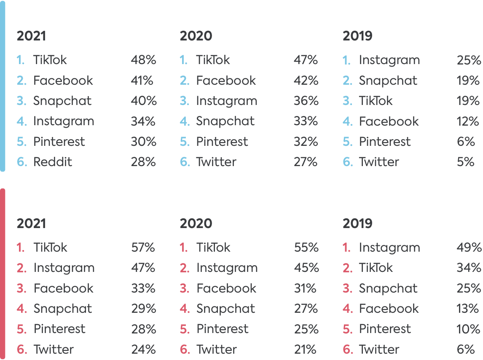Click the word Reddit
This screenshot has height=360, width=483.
tap(53, 162)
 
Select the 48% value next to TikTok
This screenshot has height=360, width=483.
tap(143, 60)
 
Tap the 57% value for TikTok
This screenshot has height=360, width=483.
tap(143, 247)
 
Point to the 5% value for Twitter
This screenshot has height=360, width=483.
tap(465, 162)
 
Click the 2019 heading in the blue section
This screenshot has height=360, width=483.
tap(357, 36)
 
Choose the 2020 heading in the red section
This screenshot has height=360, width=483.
tap(196, 223)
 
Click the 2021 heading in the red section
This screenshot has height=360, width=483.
tap(31, 223)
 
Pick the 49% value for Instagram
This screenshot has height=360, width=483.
tap(469, 247)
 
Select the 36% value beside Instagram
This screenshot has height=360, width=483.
tap(306, 101)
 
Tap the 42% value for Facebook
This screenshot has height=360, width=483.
tap(306, 81)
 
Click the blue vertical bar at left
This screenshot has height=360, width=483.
tap(3, 86)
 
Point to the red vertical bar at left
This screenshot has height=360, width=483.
tap(3, 274)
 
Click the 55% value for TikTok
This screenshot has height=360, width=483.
tap(306, 247)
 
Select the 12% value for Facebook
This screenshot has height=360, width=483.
tap(468, 121)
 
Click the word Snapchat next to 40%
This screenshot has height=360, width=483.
tap(62, 101)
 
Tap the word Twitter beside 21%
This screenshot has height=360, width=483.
tap(216, 349)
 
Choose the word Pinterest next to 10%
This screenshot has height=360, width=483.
tap(384, 329)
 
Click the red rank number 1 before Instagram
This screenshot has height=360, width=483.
tap(346, 247)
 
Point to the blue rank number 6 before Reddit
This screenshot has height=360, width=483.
tap(21, 162)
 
